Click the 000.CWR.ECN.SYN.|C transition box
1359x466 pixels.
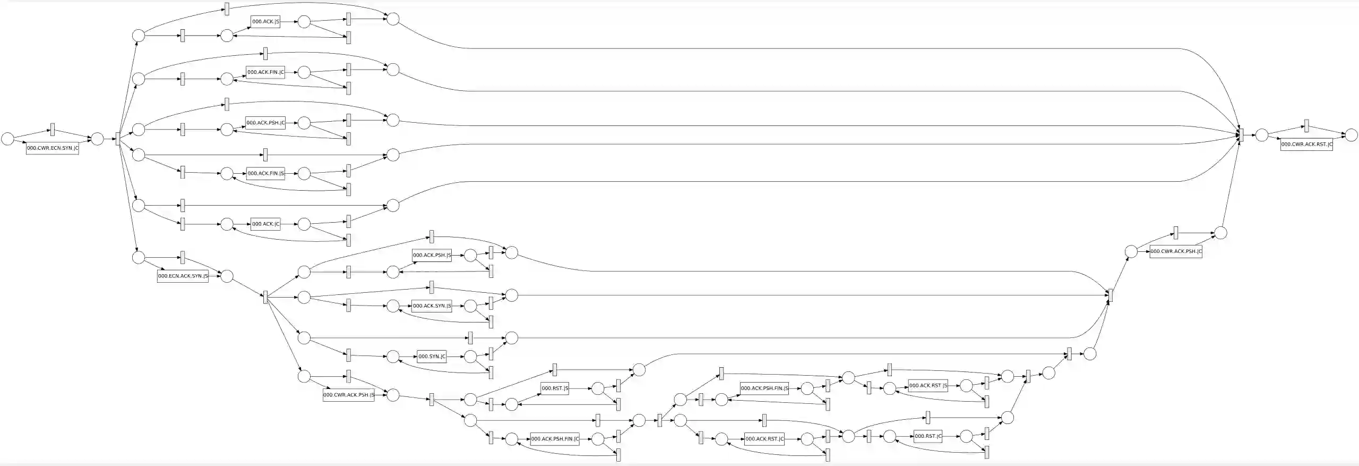(53, 148)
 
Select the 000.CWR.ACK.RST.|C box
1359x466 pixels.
(1306, 145)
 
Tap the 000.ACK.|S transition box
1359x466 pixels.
(265, 22)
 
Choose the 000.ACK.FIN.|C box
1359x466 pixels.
(265, 72)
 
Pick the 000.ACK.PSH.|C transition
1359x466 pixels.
(265, 123)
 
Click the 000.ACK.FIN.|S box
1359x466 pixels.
(265, 173)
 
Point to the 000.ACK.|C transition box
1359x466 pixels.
(265, 224)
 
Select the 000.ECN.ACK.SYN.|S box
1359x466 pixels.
(183, 276)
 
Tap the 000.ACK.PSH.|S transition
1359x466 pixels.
(432, 255)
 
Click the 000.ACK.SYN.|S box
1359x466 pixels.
(432, 306)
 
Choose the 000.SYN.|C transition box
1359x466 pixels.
(432, 356)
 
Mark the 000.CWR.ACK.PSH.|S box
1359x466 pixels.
(348, 395)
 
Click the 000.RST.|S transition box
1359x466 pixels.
(555, 388)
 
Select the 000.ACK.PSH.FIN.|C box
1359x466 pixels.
(555, 439)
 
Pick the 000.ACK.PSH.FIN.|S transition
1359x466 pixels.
(764, 388)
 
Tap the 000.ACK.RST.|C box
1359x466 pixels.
(764, 439)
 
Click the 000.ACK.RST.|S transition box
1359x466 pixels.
(928, 386)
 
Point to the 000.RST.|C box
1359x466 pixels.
(928, 436)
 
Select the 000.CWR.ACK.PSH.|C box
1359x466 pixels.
(1176, 251)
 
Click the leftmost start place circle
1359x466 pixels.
(7, 139)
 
